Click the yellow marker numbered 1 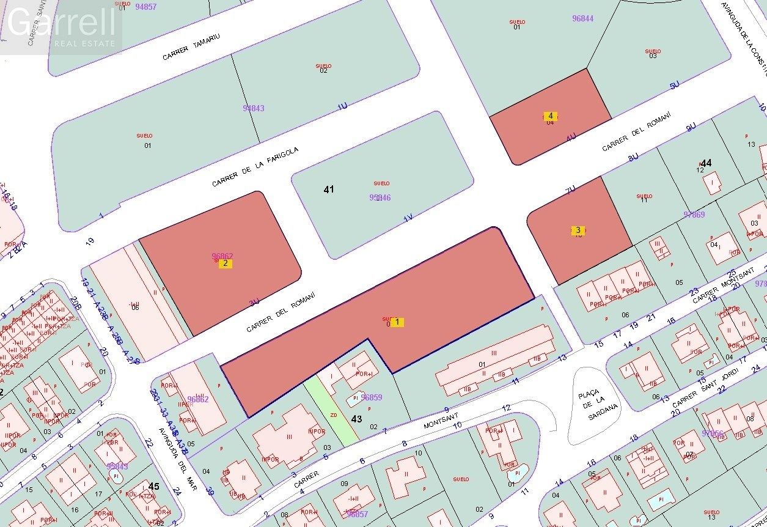(x=397, y=322)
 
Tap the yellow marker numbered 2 (x=226, y=263)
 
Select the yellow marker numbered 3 (x=578, y=230)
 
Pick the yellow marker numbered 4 (x=551, y=116)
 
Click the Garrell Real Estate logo (x=61, y=28)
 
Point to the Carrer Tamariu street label (x=191, y=47)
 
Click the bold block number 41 (x=329, y=190)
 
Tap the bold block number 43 (x=357, y=419)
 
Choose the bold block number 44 (x=706, y=163)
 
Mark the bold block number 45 (x=154, y=486)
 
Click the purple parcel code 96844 (x=582, y=18)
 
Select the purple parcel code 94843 (x=253, y=108)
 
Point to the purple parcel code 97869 (x=694, y=215)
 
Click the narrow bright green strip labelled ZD (x=333, y=410)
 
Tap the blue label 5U (x=674, y=86)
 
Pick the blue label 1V (x=408, y=216)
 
